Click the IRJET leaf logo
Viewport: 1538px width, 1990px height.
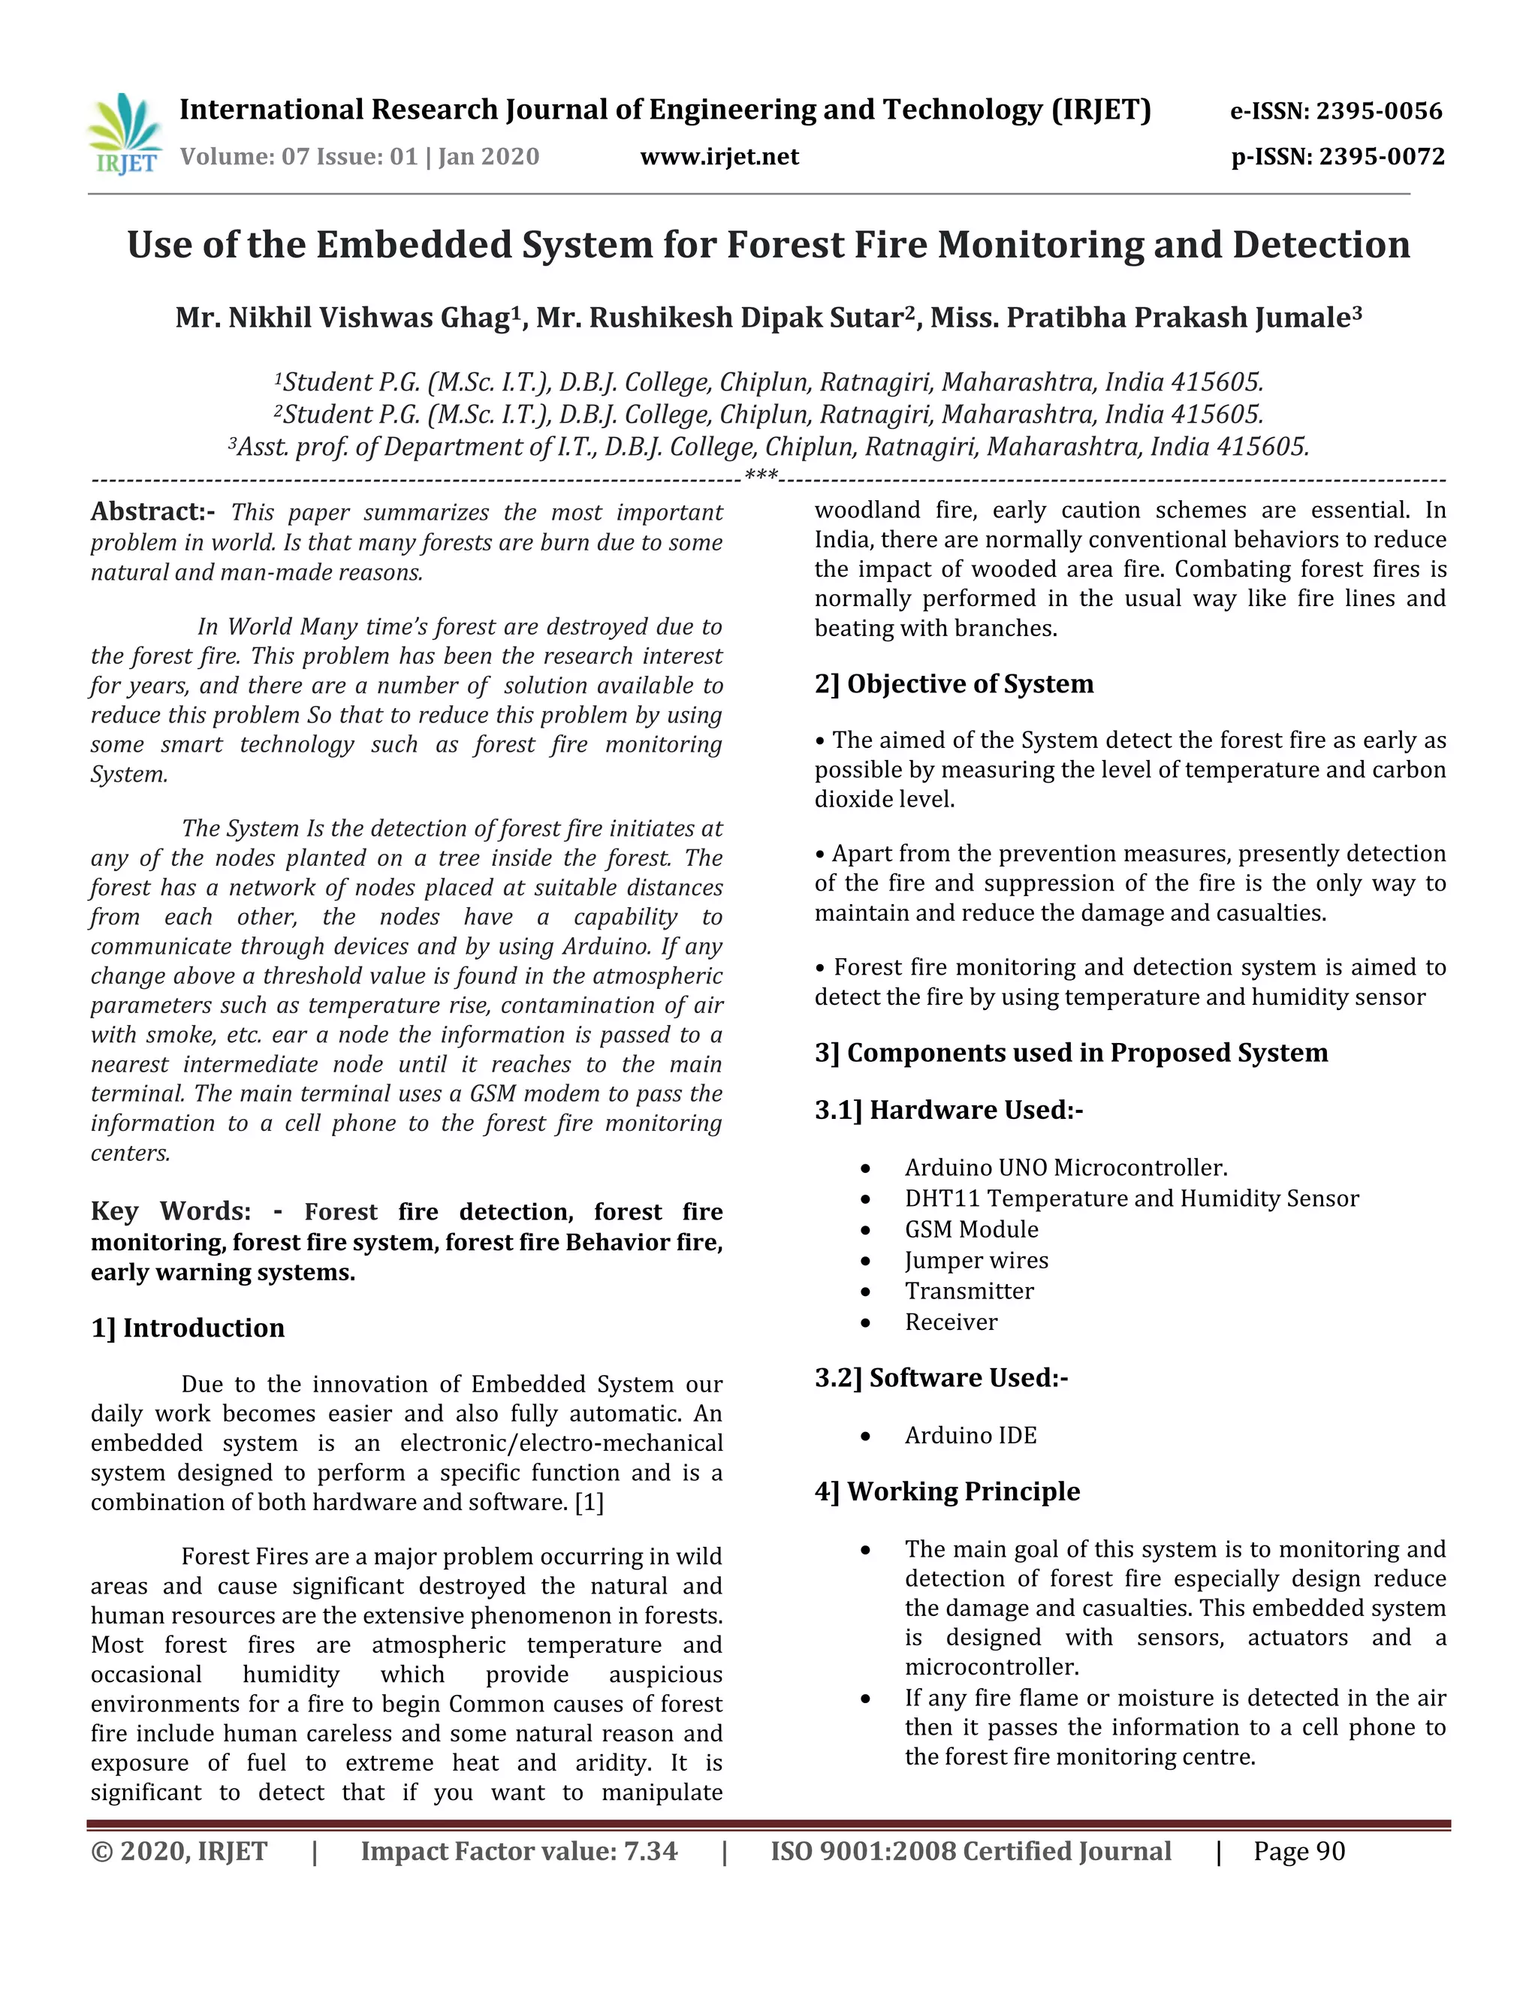(x=125, y=133)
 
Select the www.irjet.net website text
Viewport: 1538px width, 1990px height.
(x=719, y=157)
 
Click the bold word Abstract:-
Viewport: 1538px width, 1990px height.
(x=152, y=511)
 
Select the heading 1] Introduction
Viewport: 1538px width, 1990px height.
(x=188, y=1328)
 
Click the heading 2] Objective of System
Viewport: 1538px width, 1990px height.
(x=954, y=683)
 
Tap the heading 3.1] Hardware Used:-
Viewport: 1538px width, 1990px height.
(x=948, y=1110)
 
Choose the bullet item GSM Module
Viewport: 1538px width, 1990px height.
(x=971, y=1229)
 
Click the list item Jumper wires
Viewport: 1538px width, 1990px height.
(x=976, y=1260)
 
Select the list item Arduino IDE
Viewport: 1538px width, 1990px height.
(x=970, y=1435)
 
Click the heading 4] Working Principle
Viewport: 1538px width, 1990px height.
(x=948, y=1491)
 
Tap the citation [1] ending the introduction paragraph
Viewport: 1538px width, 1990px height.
(x=589, y=1502)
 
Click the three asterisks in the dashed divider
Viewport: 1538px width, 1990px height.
(x=761, y=477)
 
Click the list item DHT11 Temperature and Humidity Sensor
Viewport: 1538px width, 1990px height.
(x=1131, y=1199)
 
